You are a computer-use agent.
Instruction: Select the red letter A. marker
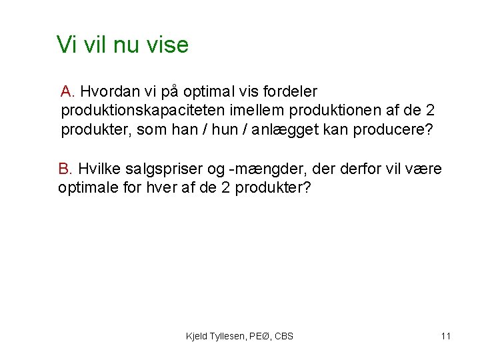click(69, 91)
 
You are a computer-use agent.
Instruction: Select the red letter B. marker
click(66, 169)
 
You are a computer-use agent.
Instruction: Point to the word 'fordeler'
click(290, 91)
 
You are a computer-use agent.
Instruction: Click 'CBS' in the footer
click(283, 336)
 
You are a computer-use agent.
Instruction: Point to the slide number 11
click(445, 336)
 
